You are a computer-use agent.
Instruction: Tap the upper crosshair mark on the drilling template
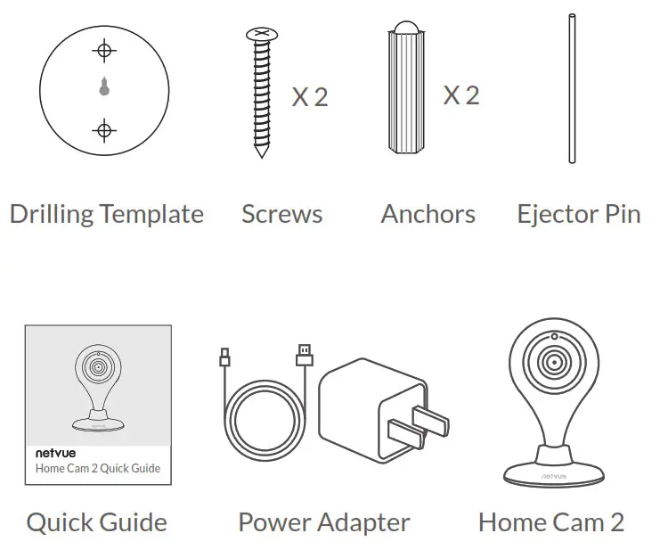click(x=104, y=50)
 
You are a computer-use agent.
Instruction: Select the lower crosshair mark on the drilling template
click(x=104, y=132)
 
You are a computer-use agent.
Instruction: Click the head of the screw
click(x=261, y=34)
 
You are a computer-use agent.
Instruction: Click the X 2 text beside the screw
click(x=310, y=96)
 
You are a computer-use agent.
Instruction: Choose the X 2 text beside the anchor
click(x=461, y=94)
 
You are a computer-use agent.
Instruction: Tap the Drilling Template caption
click(x=106, y=214)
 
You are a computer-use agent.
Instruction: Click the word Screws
click(x=281, y=214)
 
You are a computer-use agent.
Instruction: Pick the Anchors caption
click(x=428, y=214)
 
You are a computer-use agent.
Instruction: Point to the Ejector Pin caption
click(x=578, y=214)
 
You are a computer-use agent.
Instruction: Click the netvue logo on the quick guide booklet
click(x=53, y=453)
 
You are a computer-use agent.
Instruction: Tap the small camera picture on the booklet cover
click(x=98, y=383)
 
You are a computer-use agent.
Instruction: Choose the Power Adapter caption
click(x=324, y=522)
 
